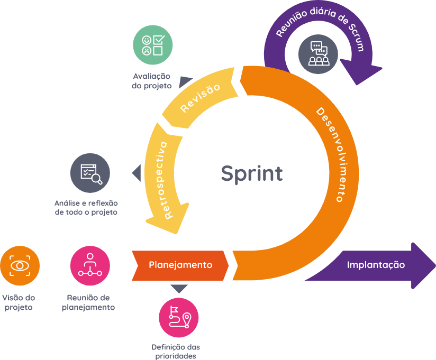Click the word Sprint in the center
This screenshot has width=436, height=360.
[251, 173]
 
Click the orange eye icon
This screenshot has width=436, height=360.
[20, 265]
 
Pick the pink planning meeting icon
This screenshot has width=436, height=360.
[90, 265]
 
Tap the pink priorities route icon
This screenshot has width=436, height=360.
[179, 318]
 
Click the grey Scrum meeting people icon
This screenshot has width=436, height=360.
[317, 53]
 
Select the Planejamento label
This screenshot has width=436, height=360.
[180, 265]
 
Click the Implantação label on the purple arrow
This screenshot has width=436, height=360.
[376, 265]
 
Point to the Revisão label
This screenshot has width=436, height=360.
[200, 98]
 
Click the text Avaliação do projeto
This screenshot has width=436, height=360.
[152, 81]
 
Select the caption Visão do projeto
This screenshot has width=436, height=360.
[19, 302]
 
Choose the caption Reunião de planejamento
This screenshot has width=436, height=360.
[88, 302]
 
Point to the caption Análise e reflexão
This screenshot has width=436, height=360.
[86, 208]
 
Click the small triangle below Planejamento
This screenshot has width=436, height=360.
[179, 289]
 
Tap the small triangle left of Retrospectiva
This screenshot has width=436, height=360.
[137, 173]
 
